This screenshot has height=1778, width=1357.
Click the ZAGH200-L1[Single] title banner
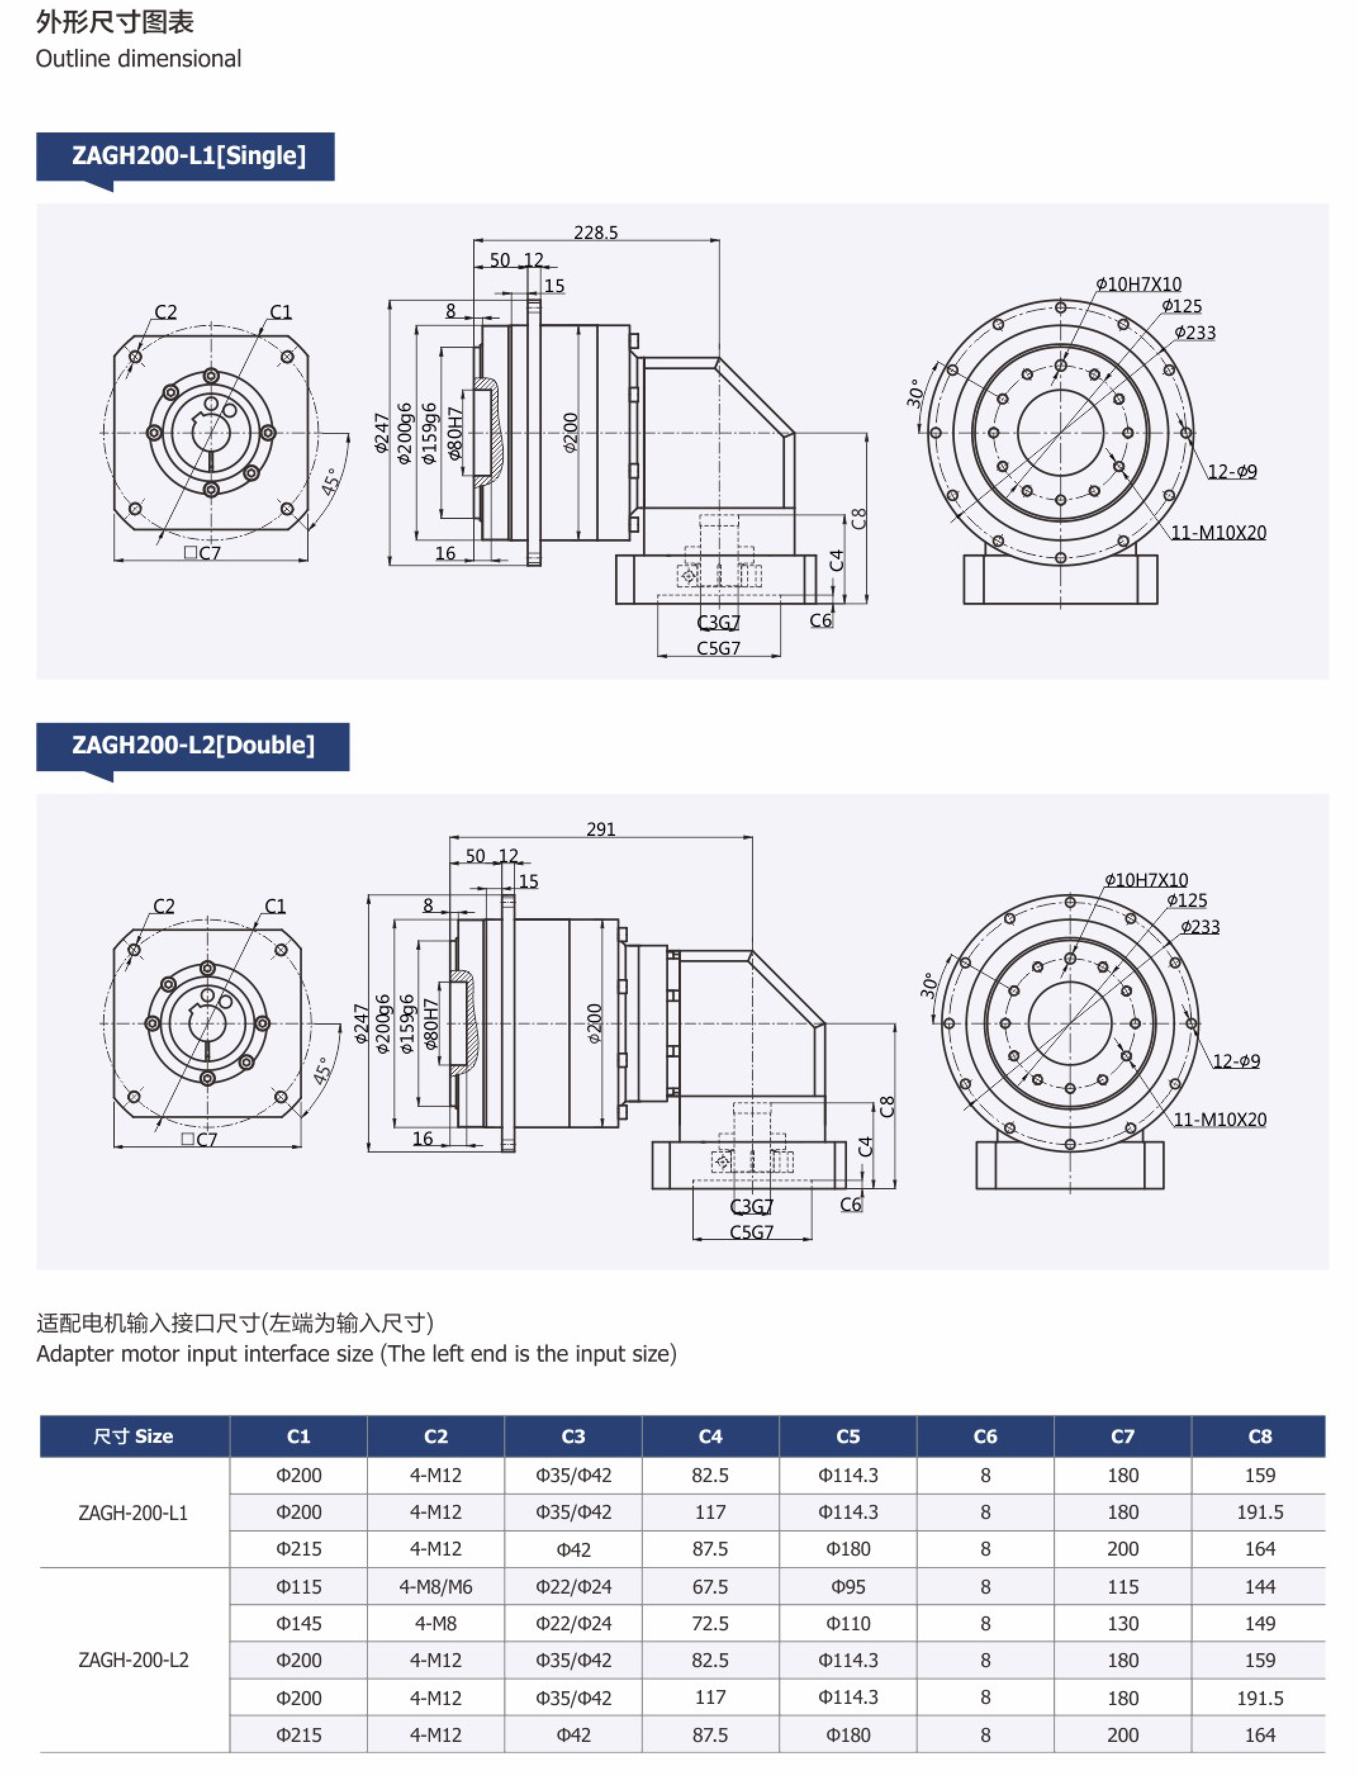click(188, 155)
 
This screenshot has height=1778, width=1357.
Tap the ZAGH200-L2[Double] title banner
click(193, 745)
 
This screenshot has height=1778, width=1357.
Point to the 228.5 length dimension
click(596, 233)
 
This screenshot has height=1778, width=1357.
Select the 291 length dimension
click(601, 829)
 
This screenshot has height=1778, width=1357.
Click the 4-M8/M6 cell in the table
click(435, 1586)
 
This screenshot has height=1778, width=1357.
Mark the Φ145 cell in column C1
click(299, 1623)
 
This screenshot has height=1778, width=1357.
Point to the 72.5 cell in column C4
click(710, 1623)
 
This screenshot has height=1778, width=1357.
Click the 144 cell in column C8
click(1259, 1586)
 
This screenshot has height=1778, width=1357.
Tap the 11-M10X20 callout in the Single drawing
click(1219, 532)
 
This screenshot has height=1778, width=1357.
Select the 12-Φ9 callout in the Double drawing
click(1236, 1061)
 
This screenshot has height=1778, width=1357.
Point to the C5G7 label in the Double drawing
click(751, 1232)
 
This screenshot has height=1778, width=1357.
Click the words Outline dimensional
click(138, 59)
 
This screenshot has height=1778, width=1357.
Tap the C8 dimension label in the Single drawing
click(858, 518)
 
